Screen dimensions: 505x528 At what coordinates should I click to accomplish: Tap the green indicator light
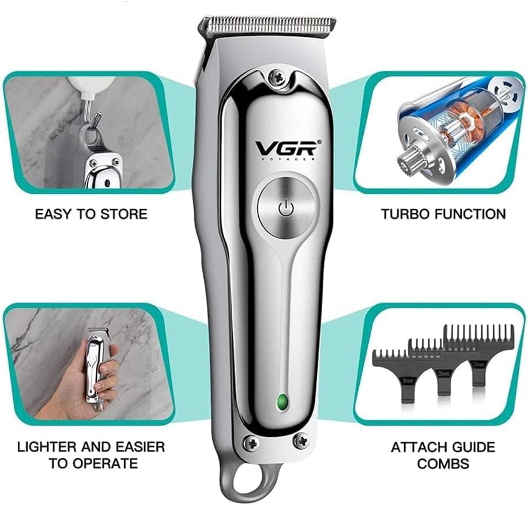[282, 402]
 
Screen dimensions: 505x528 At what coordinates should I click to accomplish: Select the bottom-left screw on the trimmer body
[251, 443]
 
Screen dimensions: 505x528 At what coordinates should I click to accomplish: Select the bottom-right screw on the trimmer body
[300, 442]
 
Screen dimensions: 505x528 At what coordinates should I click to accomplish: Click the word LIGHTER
[48, 447]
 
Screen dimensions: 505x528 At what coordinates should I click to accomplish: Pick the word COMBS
[443, 463]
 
